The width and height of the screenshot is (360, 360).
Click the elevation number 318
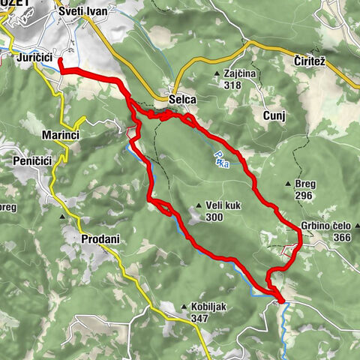coord(232,85)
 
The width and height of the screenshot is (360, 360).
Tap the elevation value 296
coord(303,196)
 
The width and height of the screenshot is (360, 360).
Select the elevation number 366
coord(342,237)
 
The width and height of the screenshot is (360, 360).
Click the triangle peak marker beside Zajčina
coord(217,73)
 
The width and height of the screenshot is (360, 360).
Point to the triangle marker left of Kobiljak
coord(183,306)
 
